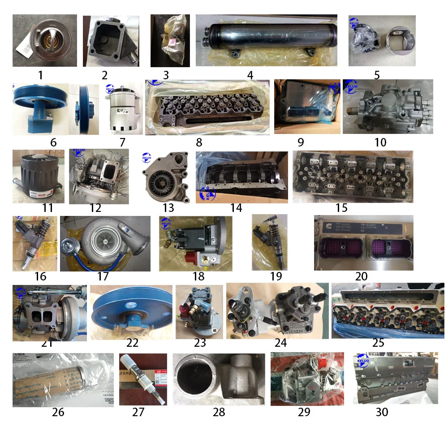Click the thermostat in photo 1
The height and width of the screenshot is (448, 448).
coord(44,39)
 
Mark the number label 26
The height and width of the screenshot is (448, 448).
coord(58,412)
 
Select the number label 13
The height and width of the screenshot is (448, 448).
coord(168,208)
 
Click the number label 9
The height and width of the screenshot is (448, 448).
coord(300,142)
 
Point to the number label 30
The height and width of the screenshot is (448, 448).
coord(382,412)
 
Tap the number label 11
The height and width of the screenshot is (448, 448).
coord(47,207)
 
